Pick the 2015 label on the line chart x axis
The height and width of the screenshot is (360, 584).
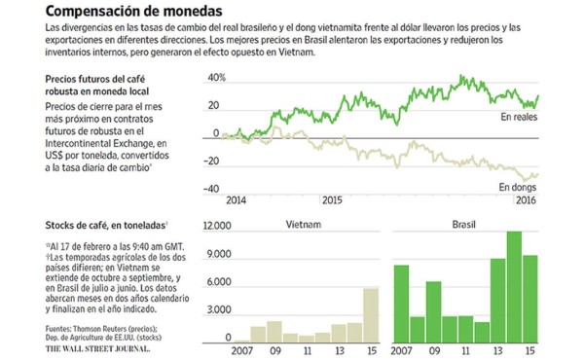pos(333,199)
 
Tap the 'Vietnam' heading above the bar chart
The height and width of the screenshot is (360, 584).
pos(301,224)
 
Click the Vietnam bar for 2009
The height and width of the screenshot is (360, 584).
pos(275,330)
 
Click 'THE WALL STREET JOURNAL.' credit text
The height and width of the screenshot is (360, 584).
pos(97,347)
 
